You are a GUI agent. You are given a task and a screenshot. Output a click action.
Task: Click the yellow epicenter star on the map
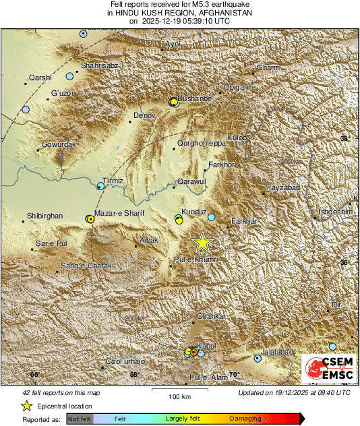point(202,242)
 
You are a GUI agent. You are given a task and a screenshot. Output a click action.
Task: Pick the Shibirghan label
point(44,216)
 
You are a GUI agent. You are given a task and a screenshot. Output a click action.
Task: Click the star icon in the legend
point(26,406)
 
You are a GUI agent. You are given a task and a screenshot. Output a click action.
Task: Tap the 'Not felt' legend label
point(80,419)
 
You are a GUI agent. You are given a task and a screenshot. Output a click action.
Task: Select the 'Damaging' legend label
point(245,419)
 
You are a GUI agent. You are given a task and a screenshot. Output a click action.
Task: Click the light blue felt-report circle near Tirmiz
point(100,185)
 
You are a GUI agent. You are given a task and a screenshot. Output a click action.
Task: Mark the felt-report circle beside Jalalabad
point(257,359)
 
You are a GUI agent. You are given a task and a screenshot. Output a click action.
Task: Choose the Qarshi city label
point(41,78)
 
